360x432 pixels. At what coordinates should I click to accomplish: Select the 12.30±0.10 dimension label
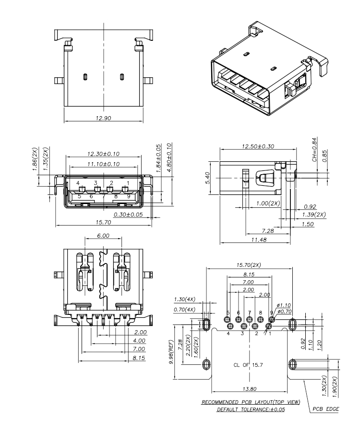pyautogui.click(x=103, y=154)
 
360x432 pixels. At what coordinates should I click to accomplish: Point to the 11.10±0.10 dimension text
pyautogui.click(x=103, y=164)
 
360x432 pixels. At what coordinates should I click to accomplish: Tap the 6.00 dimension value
pyautogui.click(x=103, y=236)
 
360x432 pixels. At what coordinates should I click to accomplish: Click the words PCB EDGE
pyautogui.click(x=326, y=409)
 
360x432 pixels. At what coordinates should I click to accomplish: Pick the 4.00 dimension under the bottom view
pyautogui.click(x=141, y=341)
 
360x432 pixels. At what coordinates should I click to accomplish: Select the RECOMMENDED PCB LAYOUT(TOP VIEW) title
pyautogui.click(x=250, y=402)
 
